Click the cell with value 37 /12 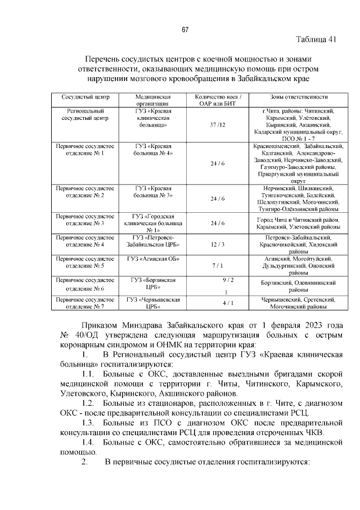(217, 124)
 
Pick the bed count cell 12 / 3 (217, 245)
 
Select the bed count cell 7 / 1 (217, 265)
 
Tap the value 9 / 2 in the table (227, 280)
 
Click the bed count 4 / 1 (227, 303)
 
